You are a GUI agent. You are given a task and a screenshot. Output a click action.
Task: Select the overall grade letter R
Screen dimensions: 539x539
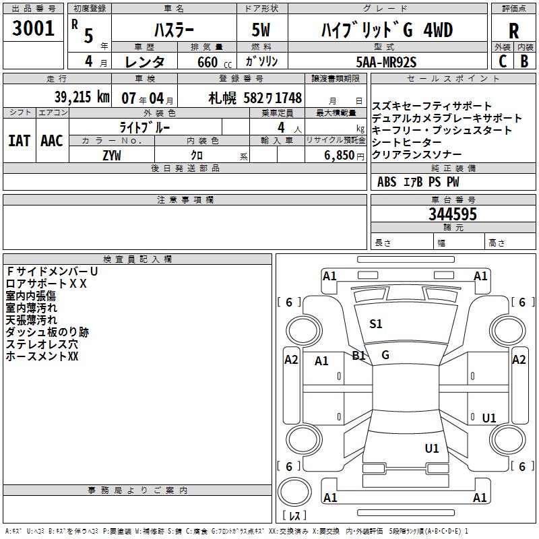(513, 31)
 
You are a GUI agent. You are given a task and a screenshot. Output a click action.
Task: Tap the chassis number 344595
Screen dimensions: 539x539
(453, 214)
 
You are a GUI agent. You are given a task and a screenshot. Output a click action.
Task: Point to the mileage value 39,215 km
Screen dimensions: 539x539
(82, 97)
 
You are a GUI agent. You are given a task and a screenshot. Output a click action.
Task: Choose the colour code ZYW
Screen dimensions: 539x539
(112, 156)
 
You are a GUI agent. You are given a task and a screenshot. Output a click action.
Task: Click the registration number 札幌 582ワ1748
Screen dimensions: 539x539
(254, 98)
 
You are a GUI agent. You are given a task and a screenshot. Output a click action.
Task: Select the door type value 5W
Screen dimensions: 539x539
(261, 31)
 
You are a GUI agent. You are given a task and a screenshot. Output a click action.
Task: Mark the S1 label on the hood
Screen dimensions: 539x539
(376, 324)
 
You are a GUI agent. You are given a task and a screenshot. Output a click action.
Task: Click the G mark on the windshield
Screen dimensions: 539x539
(385, 354)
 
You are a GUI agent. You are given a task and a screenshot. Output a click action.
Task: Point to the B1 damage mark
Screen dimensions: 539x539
(358, 355)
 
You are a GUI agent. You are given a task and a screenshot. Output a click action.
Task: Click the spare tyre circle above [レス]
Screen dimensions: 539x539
(294, 493)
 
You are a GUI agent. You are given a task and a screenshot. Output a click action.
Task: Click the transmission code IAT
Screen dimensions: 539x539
(18, 141)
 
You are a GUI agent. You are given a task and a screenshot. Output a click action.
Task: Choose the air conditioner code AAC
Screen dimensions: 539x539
(51, 141)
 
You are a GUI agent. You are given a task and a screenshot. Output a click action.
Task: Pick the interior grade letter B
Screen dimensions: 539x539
(524, 61)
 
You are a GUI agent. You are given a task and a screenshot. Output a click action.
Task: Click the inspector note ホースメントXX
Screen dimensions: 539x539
(42, 356)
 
